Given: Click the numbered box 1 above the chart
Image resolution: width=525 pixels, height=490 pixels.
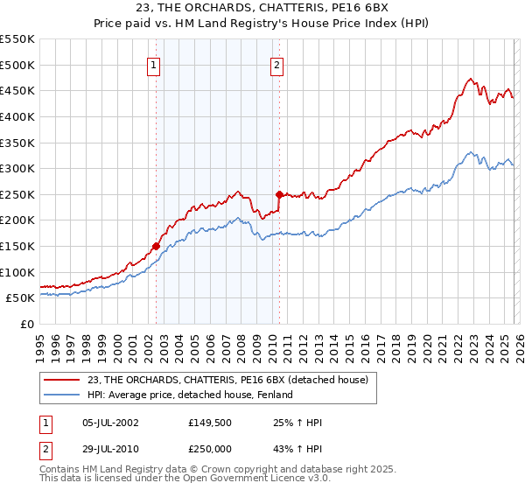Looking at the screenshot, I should [x=153, y=64].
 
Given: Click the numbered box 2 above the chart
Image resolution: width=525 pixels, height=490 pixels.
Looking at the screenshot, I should [x=277, y=64].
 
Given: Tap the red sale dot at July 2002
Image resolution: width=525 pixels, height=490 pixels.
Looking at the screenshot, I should [x=157, y=246].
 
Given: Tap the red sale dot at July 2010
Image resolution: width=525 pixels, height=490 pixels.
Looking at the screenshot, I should [x=279, y=194].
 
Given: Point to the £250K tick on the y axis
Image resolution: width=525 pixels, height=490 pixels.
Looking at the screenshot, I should [x=18, y=194].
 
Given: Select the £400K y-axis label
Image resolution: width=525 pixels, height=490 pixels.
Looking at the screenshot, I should [x=18, y=116].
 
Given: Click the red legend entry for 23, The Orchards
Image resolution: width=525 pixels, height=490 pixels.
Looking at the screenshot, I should [x=227, y=379].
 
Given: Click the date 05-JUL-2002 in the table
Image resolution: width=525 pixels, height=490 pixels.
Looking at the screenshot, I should [x=108, y=423].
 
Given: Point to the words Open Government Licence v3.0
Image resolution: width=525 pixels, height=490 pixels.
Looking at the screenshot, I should [x=259, y=480].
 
